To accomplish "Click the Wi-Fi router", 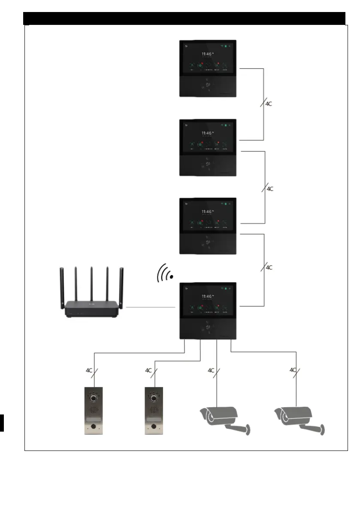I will (x=91, y=307).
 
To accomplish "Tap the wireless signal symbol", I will (x=166, y=274).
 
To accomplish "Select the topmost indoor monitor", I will (x=207, y=69).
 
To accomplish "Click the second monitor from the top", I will (x=207, y=147).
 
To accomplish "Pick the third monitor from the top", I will (x=207, y=226).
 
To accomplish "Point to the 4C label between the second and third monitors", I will (x=270, y=188).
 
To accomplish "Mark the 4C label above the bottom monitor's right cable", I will (x=269, y=267).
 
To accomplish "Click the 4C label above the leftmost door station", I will (x=89, y=370).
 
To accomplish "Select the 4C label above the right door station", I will (x=148, y=370).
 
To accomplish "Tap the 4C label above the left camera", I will (x=211, y=370).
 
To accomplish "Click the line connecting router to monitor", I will (x=151, y=307).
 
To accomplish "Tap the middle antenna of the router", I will (x=91, y=283).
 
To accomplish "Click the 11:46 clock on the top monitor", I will (x=207, y=54).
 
